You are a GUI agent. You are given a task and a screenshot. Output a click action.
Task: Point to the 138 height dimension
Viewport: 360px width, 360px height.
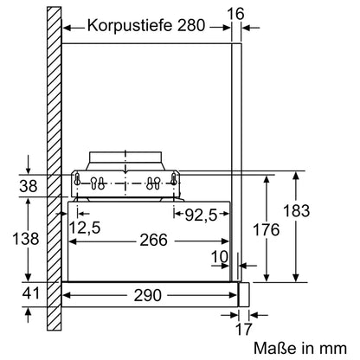coord(30,237)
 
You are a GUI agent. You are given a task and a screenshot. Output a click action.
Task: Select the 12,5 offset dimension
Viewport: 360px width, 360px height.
coord(85,228)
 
